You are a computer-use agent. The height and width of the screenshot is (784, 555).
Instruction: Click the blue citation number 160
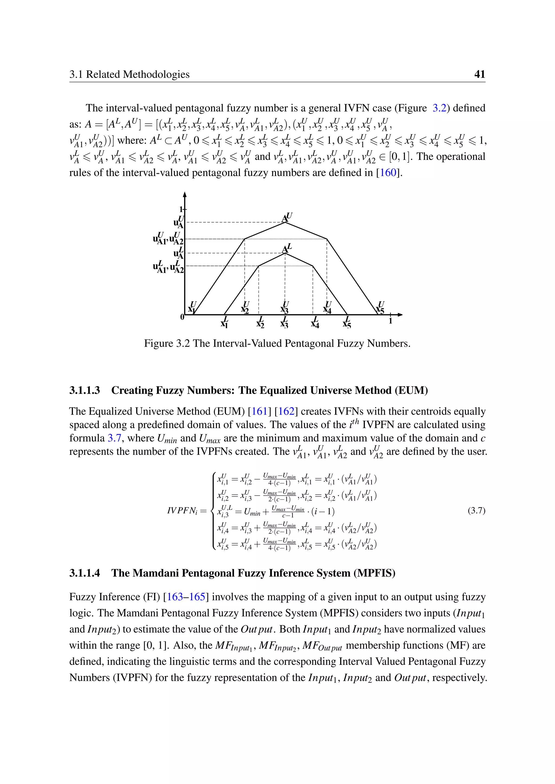pyautogui.click(x=388, y=172)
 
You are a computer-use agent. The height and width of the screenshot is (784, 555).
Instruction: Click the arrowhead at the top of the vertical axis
pyautogui.click(x=185, y=194)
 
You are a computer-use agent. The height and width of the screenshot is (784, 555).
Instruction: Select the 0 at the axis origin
pyautogui.click(x=182, y=317)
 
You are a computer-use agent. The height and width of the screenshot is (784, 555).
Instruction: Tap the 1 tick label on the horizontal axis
pyautogui.click(x=390, y=321)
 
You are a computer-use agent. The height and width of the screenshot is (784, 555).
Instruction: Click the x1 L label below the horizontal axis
pyautogui.click(x=224, y=323)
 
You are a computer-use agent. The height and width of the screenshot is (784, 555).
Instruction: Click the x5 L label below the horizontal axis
pyautogui.click(x=347, y=323)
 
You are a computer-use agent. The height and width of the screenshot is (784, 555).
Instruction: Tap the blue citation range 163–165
pyautogui.click(x=186, y=597)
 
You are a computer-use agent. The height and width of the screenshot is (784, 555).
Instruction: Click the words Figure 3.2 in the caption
pyautogui.click(x=166, y=343)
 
